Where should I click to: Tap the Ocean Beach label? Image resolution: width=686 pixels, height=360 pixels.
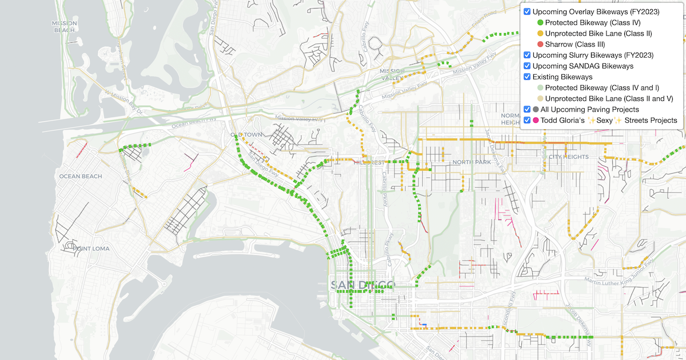point(81,176)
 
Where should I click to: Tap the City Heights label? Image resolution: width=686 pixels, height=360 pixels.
point(568,157)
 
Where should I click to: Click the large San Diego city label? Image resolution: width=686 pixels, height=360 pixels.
point(362,285)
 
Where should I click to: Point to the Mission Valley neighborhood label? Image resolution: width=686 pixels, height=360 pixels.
point(392,74)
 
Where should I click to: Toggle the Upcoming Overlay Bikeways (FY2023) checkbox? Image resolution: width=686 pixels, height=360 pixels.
point(527,11)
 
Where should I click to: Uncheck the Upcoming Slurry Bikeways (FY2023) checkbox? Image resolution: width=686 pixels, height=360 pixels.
point(527,55)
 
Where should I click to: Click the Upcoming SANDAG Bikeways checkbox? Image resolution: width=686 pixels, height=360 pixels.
point(527,66)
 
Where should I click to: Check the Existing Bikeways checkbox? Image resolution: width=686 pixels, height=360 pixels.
point(527,77)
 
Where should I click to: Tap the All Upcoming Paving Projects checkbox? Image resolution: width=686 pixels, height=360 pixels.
point(527,109)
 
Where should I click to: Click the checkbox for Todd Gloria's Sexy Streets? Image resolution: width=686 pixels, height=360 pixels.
point(527,120)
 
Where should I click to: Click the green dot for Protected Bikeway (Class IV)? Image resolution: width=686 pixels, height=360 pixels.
point(540,23)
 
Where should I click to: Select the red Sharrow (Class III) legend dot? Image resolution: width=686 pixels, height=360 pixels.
point(540,45)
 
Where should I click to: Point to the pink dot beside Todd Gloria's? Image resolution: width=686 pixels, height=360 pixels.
point(536,121)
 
